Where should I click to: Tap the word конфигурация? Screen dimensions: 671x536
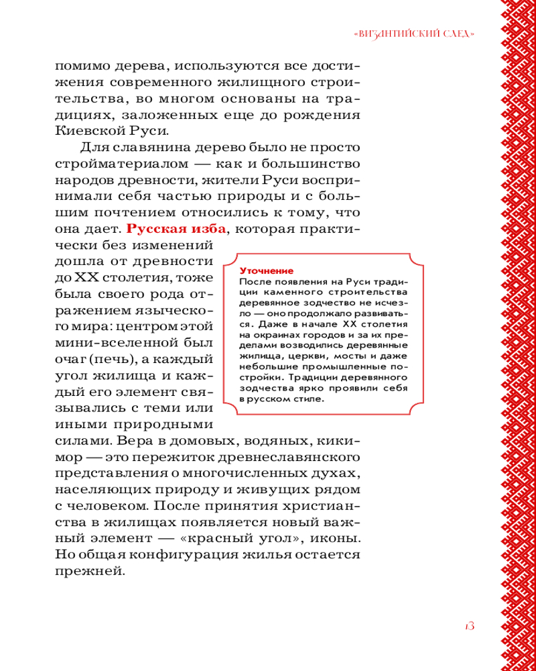(x=198, y=556)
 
